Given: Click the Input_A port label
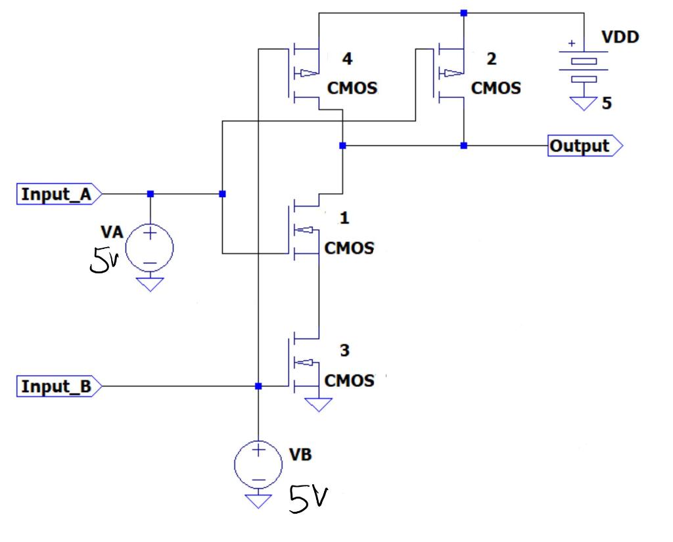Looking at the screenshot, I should pyautogui.click(x=58, y=194).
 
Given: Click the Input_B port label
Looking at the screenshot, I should pyautogui.click(x=58, y=386).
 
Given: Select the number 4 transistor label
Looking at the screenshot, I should pyautogui.click(x=346, y=60).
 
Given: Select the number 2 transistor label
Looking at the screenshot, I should pyautogui.click(x=491, y=60).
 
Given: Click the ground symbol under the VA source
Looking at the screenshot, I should pyautogui.click(x=150, y=284).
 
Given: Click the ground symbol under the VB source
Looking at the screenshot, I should pyautogui.click(x=258, y=501).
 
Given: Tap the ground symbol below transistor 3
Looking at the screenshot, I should pyautogui.click(x=319, y=403).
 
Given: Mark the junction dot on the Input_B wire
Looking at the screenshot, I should pyautogui.click(x=258, y=386).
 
